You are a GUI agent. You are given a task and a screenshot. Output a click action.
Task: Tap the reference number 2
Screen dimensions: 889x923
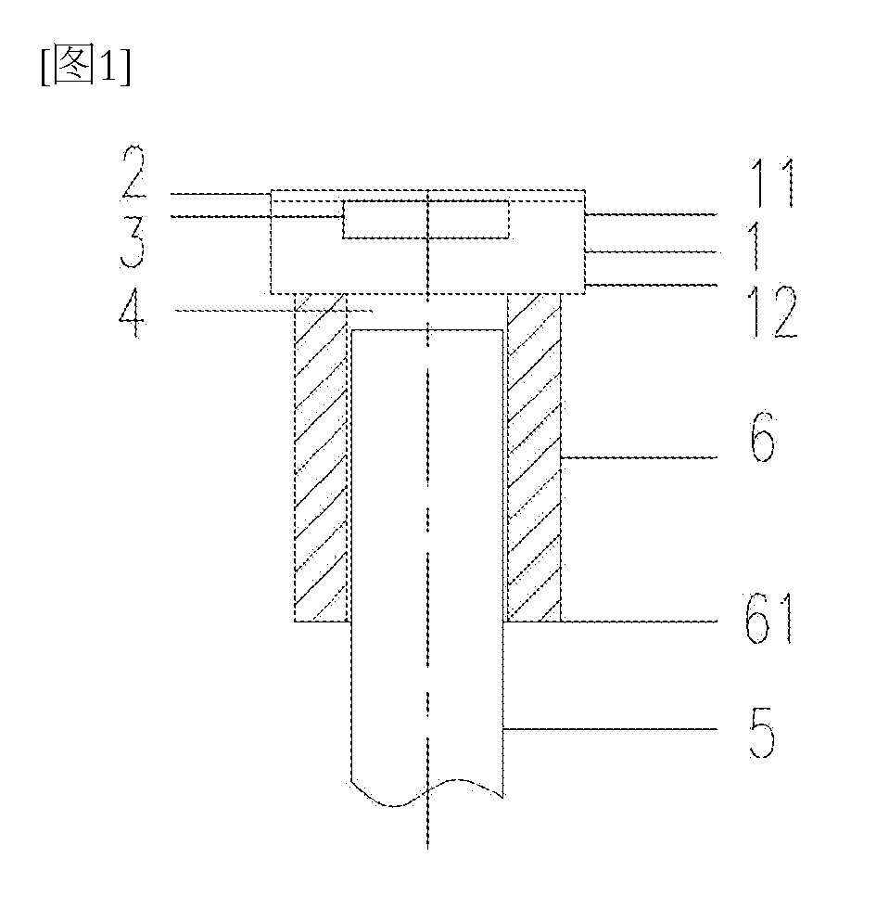click(x=134, y=172)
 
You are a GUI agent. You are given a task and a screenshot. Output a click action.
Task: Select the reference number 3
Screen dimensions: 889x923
click(x=133, y=242)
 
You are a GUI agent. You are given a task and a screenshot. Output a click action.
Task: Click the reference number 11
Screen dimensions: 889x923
click(x=772, y=182)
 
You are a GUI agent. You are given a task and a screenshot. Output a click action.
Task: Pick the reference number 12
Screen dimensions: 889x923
click(x=772, y=312)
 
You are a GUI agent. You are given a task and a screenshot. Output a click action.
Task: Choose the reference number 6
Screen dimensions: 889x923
click(x=763, y=437)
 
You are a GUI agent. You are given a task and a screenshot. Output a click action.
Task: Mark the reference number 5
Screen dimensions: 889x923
click(x=762, y=732)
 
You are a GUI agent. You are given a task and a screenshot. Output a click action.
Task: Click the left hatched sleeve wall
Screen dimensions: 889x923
click(x=322, y=457)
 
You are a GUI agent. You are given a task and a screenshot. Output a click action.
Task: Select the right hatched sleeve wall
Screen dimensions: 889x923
click(x=534, y=457)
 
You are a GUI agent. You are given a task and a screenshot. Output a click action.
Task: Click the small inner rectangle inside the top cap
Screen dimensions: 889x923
click(x=426, y=220)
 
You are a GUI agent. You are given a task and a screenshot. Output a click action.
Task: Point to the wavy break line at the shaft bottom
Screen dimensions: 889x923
click(x=427, y=791)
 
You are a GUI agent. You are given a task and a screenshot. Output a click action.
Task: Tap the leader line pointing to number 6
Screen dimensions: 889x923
click(x=639, y=457)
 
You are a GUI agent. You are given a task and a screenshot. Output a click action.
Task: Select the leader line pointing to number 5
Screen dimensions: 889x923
click(x=611, y=729)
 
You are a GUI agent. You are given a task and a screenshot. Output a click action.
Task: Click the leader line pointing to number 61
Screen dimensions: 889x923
click(x=639, y=621)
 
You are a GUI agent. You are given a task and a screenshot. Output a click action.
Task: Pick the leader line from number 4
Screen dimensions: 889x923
click(x=274, y=310)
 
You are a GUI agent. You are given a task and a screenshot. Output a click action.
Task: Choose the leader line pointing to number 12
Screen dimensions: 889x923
click(x=652, y=285)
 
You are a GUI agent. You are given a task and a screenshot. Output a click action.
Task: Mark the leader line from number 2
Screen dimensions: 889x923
click(x=220, y=193)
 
